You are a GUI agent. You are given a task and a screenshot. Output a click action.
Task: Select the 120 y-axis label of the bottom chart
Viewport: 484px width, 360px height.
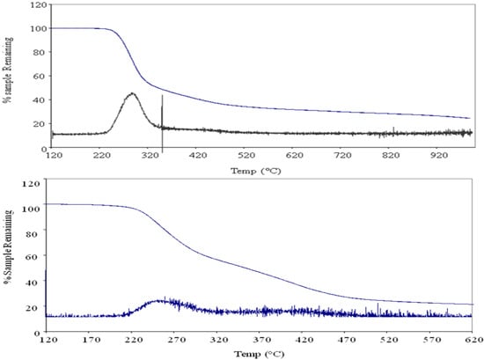tap(32, 185)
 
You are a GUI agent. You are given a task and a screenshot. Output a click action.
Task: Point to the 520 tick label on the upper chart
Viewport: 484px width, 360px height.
tap(246, 155)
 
